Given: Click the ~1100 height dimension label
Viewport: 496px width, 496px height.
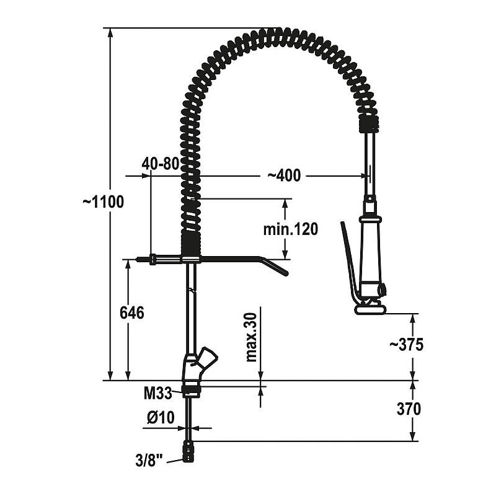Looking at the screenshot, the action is click(103, 202).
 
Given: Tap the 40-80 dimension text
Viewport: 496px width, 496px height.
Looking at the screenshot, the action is click(161, 164).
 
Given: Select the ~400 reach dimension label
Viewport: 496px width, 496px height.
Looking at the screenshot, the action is click(284, 175).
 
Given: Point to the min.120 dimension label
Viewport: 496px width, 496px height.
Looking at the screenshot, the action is click(290, 229).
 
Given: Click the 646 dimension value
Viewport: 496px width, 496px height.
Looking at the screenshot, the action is click(132, 313).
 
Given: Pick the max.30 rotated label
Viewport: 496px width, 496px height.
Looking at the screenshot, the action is click(251, 337).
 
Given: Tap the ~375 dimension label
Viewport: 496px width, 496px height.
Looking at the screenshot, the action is click(406, 345).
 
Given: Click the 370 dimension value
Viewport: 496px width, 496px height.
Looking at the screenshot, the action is click(409, 409).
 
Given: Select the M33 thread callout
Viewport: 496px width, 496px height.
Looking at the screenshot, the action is click(157, 393).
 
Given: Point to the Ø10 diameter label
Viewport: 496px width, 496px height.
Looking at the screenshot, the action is click(161, 417).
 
